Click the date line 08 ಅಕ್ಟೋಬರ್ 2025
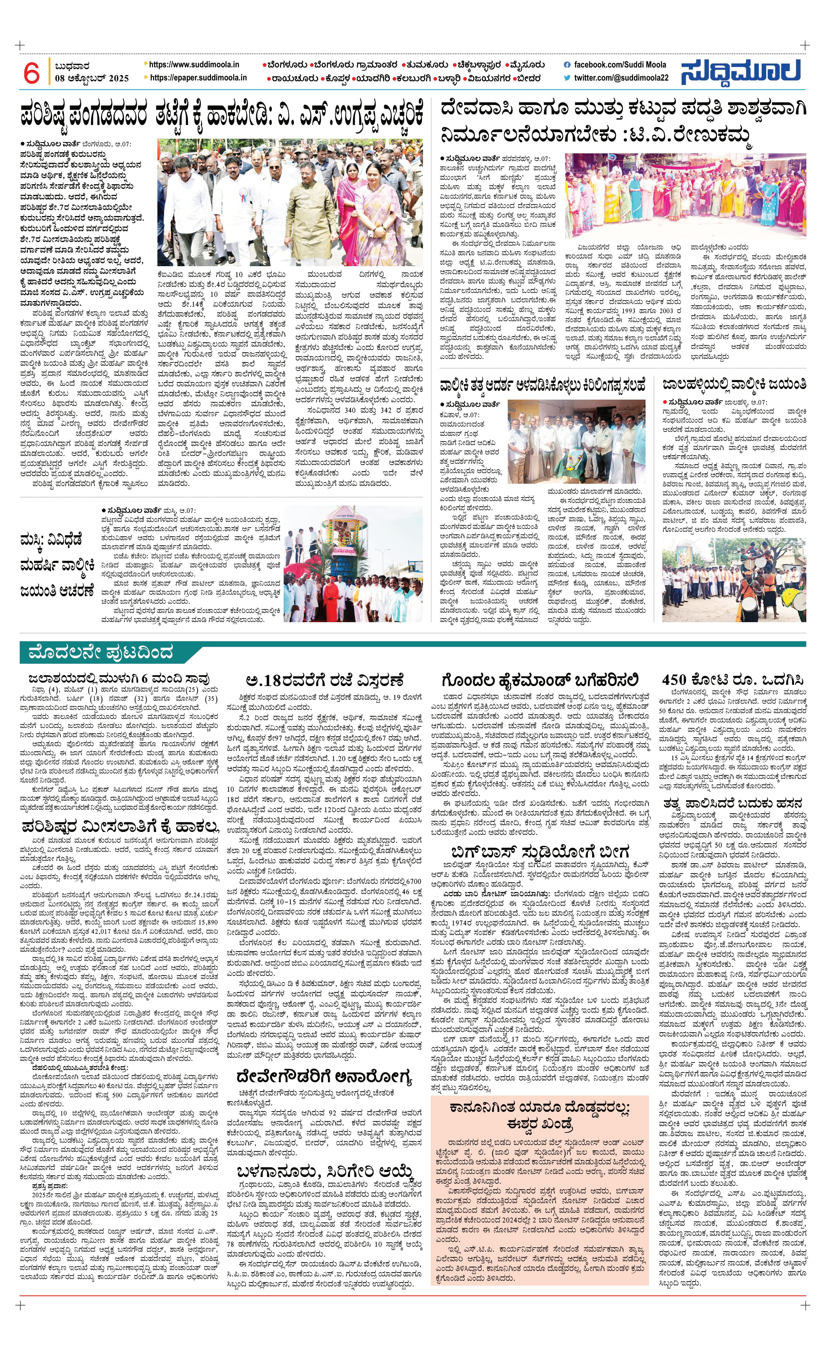92,78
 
